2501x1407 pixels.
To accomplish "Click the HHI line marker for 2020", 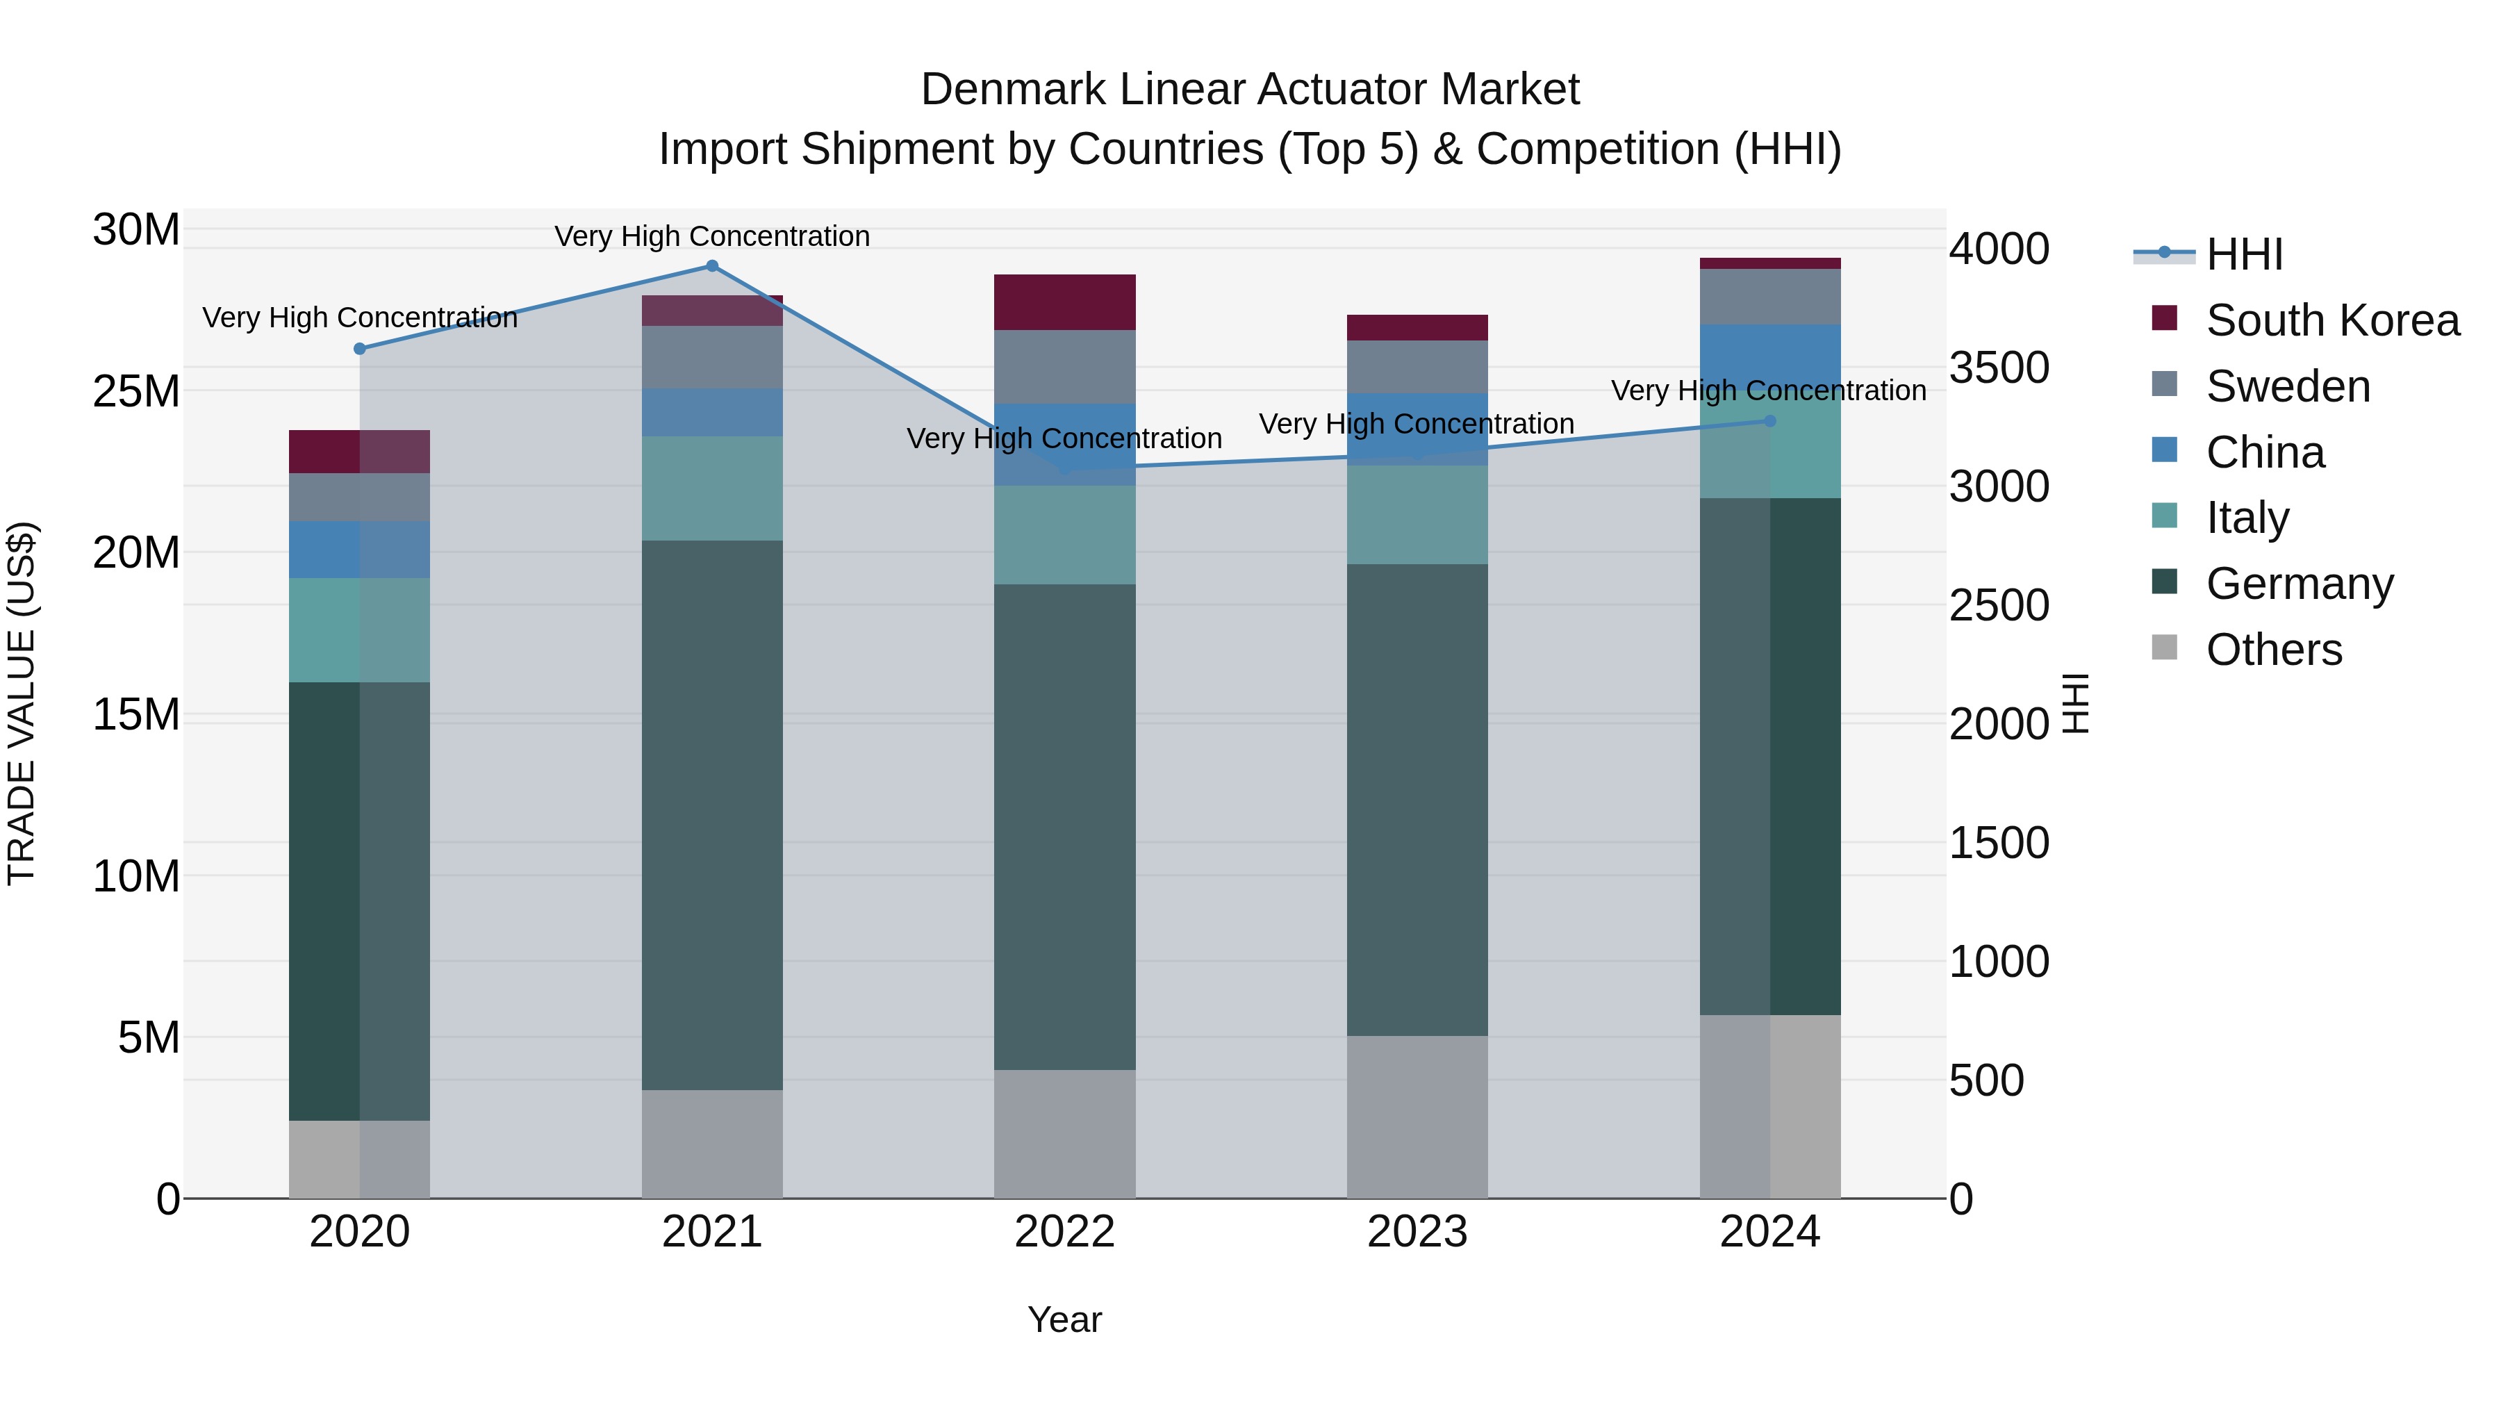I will tap(360, 349).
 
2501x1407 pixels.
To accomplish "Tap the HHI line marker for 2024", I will tap(1769, 420).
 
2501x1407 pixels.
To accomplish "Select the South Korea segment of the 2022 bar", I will tap(1064, 302).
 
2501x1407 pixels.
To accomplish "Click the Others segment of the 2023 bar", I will tap(1417, 1117).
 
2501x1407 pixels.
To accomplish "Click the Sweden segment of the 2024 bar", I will tap(1769, 296).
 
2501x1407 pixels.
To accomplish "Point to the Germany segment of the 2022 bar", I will tap(1064, 826).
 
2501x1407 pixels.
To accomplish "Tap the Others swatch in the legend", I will tap(2164, 648).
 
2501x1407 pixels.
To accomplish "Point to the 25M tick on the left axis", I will tap(136, 391).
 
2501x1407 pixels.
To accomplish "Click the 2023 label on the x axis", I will tap(1417, 1232).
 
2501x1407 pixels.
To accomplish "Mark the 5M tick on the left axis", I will tap(149, 1037).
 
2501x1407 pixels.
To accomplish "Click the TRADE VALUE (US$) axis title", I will tap(22, 703).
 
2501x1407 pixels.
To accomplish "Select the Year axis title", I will tap(1064, 1319).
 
